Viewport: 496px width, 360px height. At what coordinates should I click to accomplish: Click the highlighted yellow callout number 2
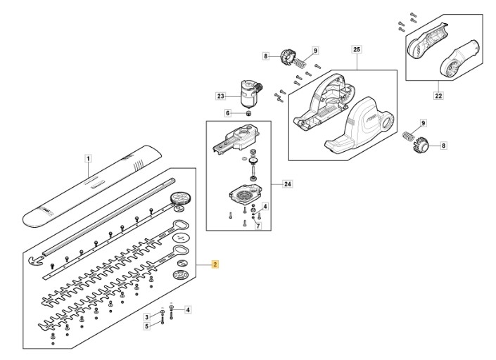pyautogui.click(x=215, y=264)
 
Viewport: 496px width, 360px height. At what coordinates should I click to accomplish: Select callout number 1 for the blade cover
pyautogui.click(x=88, y=159)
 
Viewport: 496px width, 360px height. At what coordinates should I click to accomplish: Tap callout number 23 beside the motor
pyautogui.click(x=220, y=96)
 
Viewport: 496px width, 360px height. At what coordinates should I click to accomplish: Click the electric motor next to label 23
pyautogui.click(x=250, y=93)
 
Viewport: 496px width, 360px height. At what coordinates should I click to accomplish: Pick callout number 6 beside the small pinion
pyautogui.click(x=228, y=113)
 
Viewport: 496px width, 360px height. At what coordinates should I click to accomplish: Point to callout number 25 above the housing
pyautogui.click(x=357, y=50)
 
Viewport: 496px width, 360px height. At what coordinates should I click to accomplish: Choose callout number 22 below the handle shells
pyautogui.click(x=438, y=95)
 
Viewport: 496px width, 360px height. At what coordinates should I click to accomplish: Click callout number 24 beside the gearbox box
pyautogui.click(x=288, y=184)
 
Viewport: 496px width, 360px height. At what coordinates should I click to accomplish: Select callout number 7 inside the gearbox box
pyautogui.click(x=259, y=226)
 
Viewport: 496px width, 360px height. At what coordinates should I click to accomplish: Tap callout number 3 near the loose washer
pyautogui.click(x=146, y=317)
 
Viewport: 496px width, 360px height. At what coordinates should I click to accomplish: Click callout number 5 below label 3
pyautogui.click(x=146, y=326)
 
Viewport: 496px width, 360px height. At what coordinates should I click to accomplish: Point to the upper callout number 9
pyautogui.click(x=315, y=50)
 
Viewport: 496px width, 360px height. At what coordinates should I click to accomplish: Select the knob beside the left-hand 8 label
pyautogui.click(x=288, y=58)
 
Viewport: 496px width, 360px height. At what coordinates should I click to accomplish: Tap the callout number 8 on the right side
pyautogui.click(x=443, y=146)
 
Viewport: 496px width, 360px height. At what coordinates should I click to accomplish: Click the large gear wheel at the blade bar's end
pyautogui.click(x=181, y=199)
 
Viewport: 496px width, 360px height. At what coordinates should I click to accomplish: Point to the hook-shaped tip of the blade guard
pyautogui.click(x=34, y=260)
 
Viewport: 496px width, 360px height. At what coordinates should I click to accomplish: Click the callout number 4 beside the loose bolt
pyautogui.click(x=188, y=310)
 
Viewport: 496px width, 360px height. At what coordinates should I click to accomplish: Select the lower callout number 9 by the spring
pyautogui.click(x=424, y=123)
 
